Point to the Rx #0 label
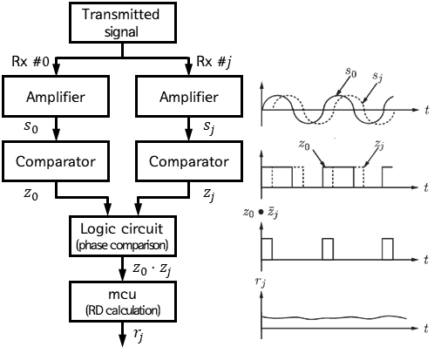tap(31, 61)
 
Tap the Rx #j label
tap(214, 62)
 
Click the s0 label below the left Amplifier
tap(31, 127)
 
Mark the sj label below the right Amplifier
tap(209, 127)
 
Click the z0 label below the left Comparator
tap(31, 194)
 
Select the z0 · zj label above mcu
tap(152, 269)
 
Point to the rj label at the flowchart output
tap(139, 335)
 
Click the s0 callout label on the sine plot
tap(351, 72)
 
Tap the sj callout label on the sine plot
tap(377, 77)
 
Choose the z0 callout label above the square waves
tap(304, 145)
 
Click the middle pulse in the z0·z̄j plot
tap(328, 249)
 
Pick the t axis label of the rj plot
tap(426, 329)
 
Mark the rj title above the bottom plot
tap(261, 282)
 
